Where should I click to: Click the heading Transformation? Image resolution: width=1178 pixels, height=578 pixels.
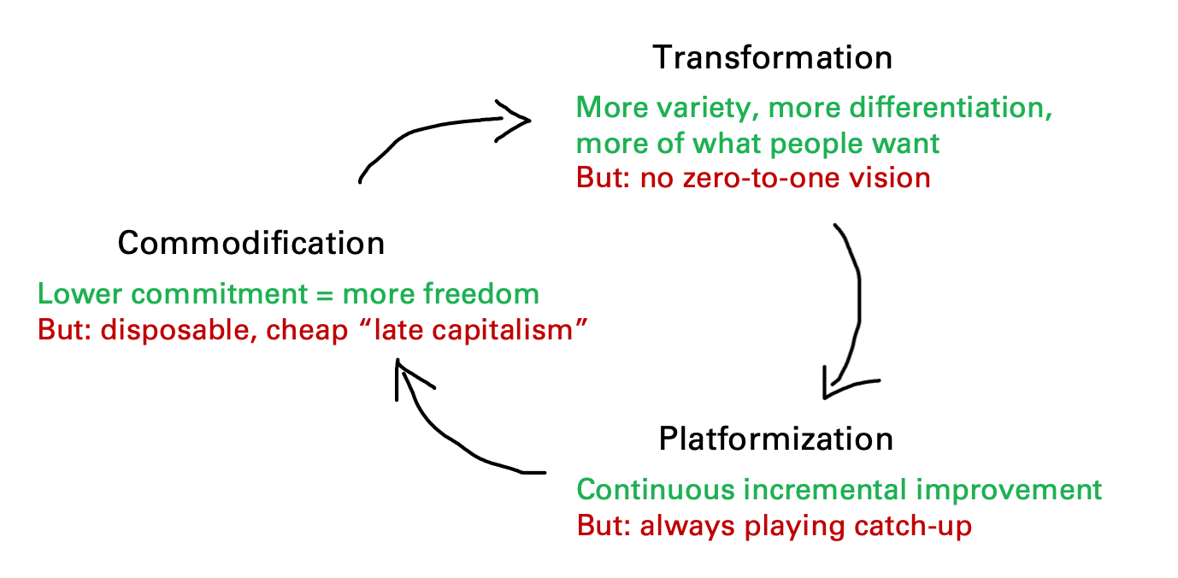tap(772, 57)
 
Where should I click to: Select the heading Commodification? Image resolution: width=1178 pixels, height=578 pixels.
tap(251, 243)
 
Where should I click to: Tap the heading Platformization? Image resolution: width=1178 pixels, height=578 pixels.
tap(775, 439)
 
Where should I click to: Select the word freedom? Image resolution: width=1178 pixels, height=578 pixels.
tap(441, 293)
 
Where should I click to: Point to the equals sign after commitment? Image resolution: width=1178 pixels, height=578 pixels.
tap(325, 295)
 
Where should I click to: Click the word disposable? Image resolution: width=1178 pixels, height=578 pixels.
tap(179, 330)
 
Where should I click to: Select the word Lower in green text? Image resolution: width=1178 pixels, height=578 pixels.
tap(80, 293)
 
